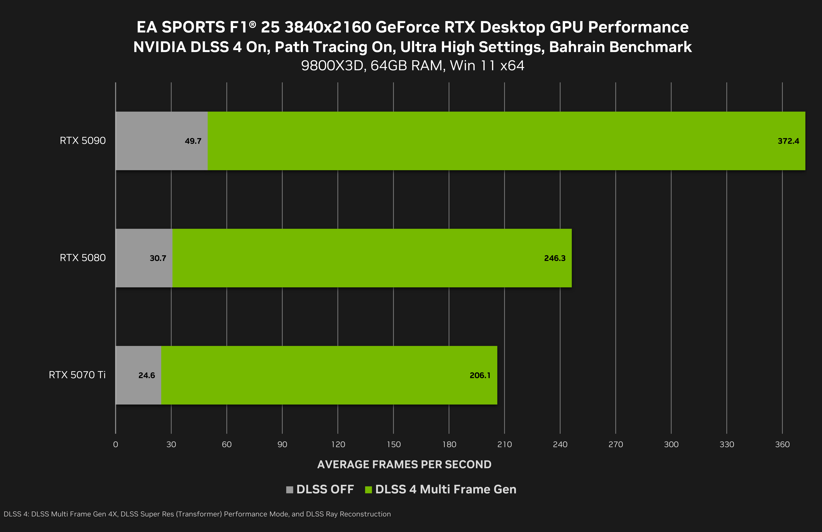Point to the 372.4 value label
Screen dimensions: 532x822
(788, 141)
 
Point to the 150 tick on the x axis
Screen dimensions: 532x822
(393, 444)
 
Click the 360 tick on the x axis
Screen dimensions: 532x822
(782, 444)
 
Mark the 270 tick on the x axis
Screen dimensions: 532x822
(616, 444)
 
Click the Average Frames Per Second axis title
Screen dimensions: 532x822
(404, 464)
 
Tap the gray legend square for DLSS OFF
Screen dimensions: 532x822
(289, 490)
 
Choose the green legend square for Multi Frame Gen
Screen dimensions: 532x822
(368, 490)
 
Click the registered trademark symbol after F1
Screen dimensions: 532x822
(252, 24)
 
